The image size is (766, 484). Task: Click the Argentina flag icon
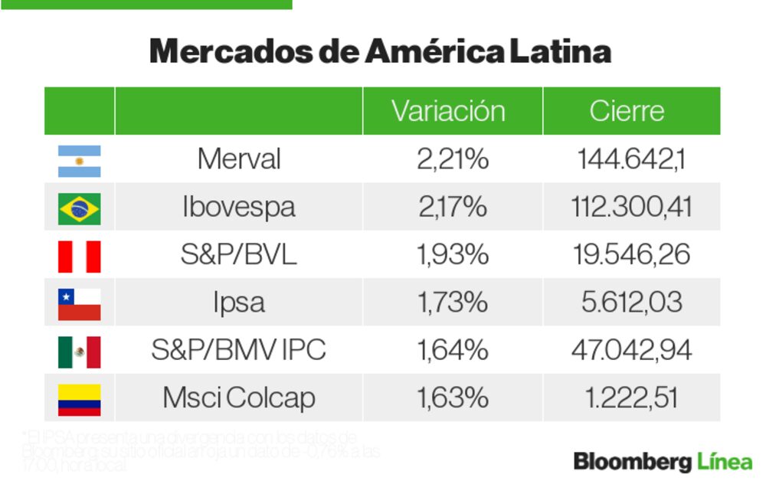(79, 161)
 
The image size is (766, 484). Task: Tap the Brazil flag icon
(79, 208)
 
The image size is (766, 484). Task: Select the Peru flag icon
(79, 257)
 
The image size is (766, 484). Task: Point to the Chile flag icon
(79, 304)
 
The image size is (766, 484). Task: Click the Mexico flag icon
(79, 352)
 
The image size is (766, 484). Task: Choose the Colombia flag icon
(79, 399)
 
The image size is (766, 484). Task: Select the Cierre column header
(627, 111)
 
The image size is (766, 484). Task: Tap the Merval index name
(238, 159)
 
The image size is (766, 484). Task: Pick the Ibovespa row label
(238, 208)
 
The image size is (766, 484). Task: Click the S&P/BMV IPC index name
(238, 350)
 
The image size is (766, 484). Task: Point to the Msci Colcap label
(238, 398)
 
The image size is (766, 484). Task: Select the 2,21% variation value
(452, 159)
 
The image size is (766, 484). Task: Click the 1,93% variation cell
(452, 255)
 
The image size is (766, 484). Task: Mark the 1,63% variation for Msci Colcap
(452, 398)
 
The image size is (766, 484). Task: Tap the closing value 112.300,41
(631, 208)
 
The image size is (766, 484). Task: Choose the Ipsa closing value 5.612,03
(631, 302)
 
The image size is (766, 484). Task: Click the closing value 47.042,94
(631, 350)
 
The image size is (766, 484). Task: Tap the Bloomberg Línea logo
(663, 462)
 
